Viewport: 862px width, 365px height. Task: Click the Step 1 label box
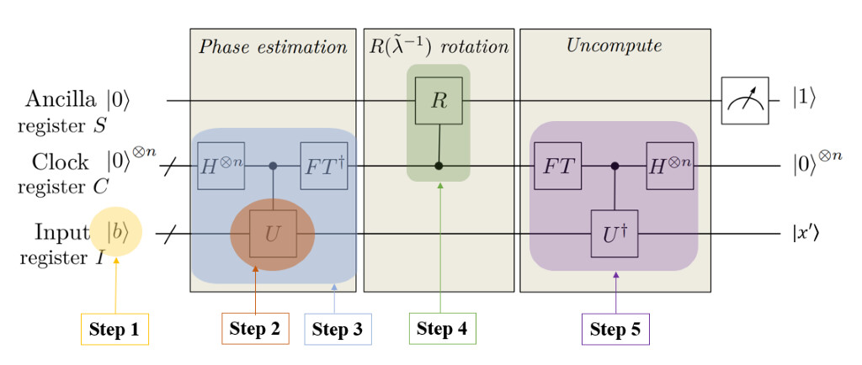click(114, 330)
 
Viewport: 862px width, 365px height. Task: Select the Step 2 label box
click(255, 329)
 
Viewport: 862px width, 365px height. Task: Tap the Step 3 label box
click(337, 329)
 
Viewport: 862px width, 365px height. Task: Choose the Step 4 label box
click(443, 329)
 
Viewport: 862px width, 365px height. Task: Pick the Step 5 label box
click(615, 329)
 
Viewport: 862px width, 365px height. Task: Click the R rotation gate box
click(439, 101)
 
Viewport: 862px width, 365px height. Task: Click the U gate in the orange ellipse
click(271, 232)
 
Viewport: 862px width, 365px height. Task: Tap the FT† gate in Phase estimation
click(324, 166)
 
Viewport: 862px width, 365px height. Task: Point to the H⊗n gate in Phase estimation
click(221, 166)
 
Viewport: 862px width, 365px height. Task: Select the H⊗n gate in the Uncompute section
click(669, 166)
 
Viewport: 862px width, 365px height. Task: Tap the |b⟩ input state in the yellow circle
click(118, 232)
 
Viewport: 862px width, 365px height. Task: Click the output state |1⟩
click(803, 100)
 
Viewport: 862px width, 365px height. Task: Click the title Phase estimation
click(273, 46)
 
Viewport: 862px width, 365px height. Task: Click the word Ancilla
click(60, 100)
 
